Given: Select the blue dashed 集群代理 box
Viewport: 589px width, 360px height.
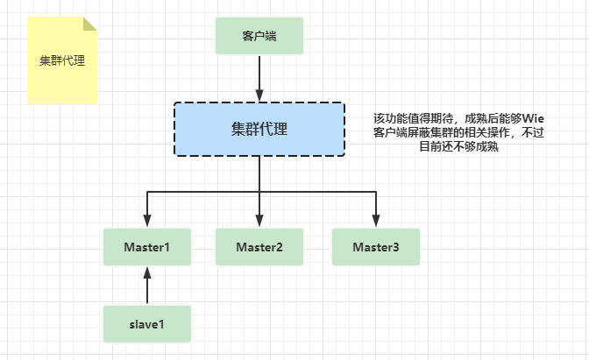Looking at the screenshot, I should [259, 130].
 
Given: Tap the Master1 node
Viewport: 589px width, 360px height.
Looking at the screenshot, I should [147, 247].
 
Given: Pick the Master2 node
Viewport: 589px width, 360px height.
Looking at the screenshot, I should [259, 247].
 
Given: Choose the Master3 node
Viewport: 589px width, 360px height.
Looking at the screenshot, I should [376, 247].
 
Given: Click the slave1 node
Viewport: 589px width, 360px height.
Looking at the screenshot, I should [147, 324].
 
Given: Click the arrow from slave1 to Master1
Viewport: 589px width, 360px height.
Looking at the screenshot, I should [147, 286].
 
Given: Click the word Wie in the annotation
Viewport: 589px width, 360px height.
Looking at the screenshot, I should [534, 117].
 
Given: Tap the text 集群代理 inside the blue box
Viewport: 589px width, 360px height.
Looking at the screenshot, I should [259, 130].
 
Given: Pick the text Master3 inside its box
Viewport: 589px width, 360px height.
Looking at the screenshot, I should [376, 247].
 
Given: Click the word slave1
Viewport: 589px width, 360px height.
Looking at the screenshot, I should [147, 324].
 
